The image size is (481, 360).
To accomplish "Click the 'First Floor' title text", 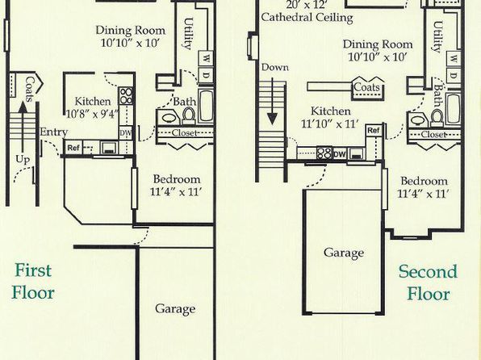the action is coord(33,282).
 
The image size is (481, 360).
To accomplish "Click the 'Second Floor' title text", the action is coord(428,283).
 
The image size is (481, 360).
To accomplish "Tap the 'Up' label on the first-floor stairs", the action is coord(23,159).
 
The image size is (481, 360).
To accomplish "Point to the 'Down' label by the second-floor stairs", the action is coord(275,67).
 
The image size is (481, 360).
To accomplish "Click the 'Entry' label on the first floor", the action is coord(54,132).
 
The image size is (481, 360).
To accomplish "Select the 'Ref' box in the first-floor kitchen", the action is coord(73,148).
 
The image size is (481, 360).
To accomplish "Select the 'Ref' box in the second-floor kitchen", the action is coord(374,131).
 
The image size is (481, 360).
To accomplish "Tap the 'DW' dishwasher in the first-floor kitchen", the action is coord(126,133).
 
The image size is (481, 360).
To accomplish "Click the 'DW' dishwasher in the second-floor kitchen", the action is coord(339,153).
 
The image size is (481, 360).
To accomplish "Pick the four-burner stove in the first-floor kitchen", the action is coord(126,96).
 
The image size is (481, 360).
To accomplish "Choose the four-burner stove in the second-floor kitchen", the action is coord(324,153).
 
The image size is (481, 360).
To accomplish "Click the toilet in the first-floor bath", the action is coord(189,116).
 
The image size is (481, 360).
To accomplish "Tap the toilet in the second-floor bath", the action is coord(437,118).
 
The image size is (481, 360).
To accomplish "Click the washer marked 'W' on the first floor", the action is coord(207,58).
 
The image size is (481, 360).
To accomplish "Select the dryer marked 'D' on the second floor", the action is coord(454,76).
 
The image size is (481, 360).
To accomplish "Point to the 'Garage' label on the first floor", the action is coord(175,309).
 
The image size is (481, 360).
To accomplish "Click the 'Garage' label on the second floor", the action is coord(344,253).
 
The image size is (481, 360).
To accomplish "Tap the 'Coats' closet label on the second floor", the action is coord(367,87).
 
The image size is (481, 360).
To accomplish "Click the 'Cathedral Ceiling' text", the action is coord(307,17).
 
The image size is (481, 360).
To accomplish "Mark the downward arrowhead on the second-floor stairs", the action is coord(272,119).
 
